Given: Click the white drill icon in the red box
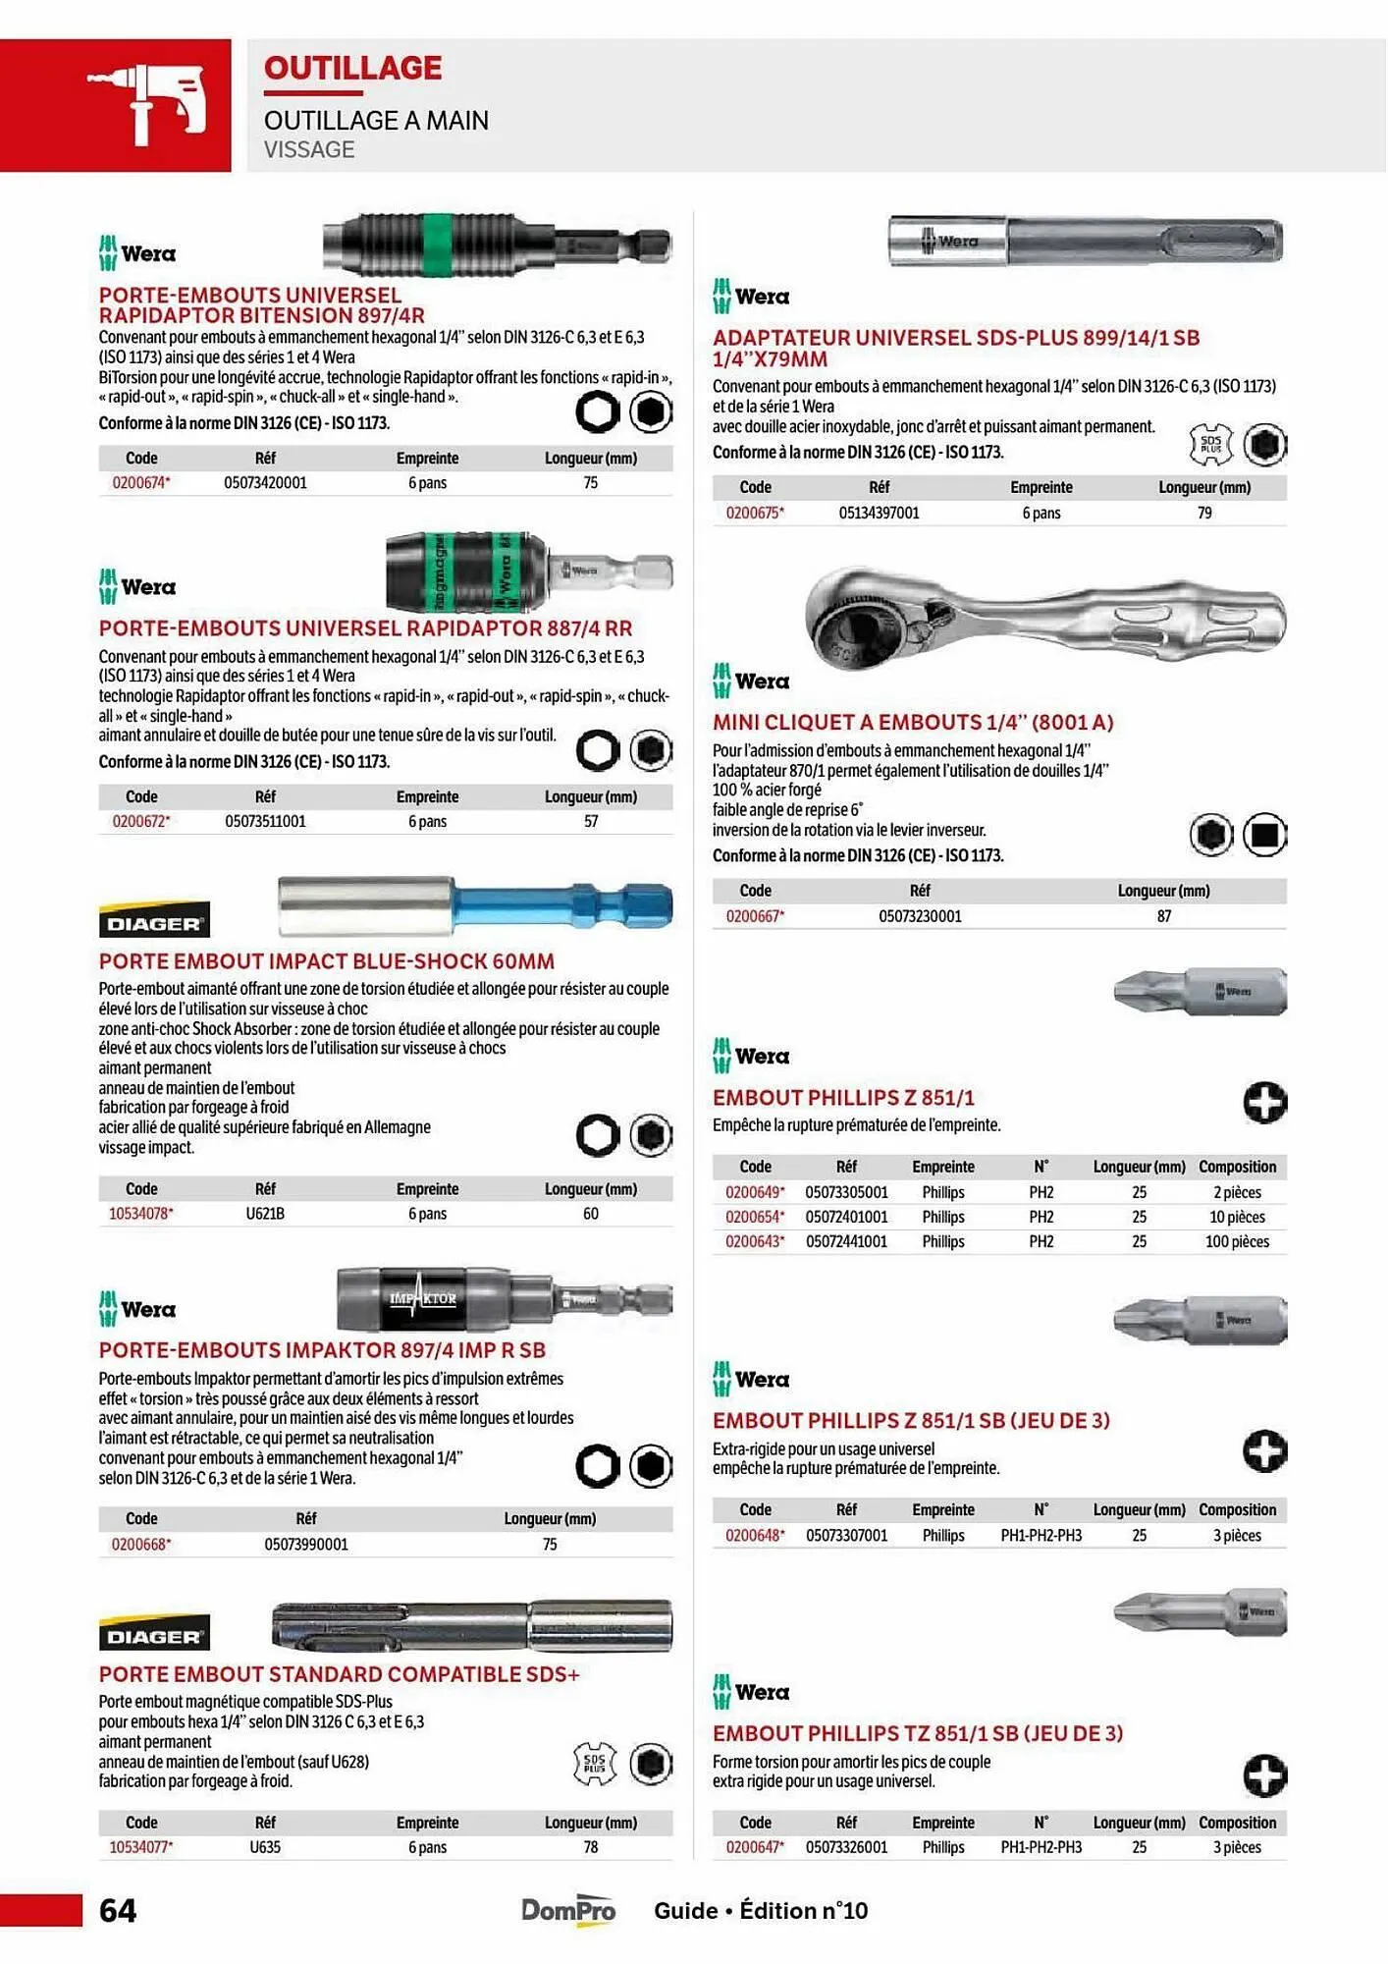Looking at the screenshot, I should [147, 103].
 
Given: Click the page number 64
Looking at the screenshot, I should [118, 1910].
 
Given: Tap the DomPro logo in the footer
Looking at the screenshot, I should [568, 1910].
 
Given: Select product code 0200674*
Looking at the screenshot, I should [141, 483].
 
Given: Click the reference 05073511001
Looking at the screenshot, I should [265, 822].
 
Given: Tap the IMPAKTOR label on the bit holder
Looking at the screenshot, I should [422, 1299].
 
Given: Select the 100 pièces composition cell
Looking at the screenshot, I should [1237, 1242].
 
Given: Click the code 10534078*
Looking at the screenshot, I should [141, 1214].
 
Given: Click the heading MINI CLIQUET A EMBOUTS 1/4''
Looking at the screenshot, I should [913, 723].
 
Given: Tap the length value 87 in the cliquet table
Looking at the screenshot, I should [1164, 916].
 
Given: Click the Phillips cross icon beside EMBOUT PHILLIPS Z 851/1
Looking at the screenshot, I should [1265, 1103].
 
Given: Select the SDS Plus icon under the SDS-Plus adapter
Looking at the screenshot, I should [1210, 445].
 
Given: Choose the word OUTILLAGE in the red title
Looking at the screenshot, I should [352, 68].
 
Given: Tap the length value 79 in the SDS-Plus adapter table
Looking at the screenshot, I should [1204, 514].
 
